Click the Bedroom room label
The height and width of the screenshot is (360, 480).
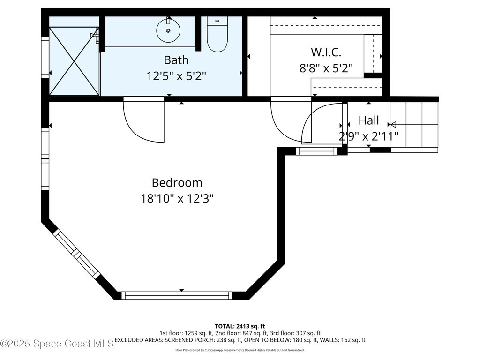[x=177, y=183]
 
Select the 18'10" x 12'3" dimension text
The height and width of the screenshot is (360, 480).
[x=177, y=199]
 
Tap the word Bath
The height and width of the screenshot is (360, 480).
[x=176, y=60]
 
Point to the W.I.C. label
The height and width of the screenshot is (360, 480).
[x=326, y=52]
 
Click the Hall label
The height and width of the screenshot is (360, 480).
[x=368, y=120]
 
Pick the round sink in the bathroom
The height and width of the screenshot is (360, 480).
[x=168, y=30]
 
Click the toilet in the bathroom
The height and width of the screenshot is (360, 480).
[x=217, y=34]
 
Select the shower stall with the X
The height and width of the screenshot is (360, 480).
[x=74, y=61]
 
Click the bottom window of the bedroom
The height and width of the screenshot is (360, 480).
[x=177, y=295]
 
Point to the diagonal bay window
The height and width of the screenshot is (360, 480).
[x=76, y=254]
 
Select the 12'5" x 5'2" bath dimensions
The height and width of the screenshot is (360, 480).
[x=176, y=75]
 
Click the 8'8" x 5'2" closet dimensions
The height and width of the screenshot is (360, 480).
[x=326, y=68]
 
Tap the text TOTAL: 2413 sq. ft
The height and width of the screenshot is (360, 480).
[x=240, y=326]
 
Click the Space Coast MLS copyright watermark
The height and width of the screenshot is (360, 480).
[x=57, y=344]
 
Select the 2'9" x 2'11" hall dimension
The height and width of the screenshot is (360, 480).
[x=368, y=136]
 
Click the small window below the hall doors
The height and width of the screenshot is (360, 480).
[x=316, y=151]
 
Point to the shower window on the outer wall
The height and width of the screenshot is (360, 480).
[x=45, y=58]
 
